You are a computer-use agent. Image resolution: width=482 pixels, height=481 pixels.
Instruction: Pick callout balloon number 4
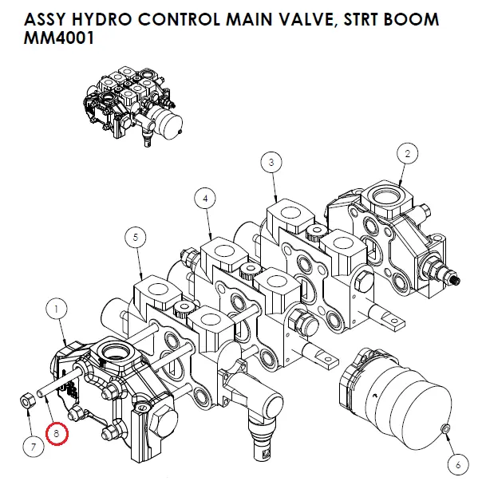point(205,198)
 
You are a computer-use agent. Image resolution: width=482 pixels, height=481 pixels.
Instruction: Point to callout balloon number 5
point(136,237)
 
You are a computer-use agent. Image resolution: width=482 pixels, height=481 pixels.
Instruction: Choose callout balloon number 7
point(33,447)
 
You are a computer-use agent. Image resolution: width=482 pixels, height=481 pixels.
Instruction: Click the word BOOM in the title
point(411,19)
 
